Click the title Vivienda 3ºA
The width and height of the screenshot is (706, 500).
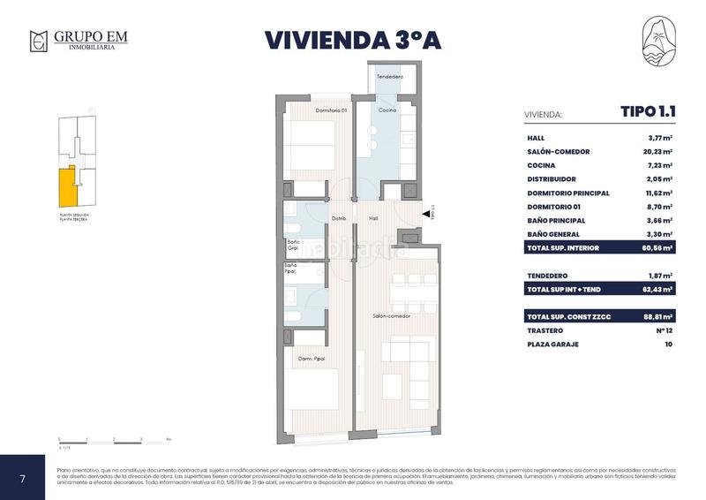tap(353, 41)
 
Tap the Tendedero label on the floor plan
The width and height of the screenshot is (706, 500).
tap(389, 78)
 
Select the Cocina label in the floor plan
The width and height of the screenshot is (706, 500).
tap(387, 110)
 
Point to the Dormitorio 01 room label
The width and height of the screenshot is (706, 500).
tap(331, 110)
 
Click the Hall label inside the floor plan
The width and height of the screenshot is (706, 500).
tap(373, 218)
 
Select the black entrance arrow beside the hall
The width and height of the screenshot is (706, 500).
tap(427, 214)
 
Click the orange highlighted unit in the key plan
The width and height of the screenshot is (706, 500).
tap(67, 185)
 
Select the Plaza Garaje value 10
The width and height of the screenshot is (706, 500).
tap(668, 344)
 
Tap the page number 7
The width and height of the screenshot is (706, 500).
tap(22, 478)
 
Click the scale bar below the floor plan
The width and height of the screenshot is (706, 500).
tap(114, 438)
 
